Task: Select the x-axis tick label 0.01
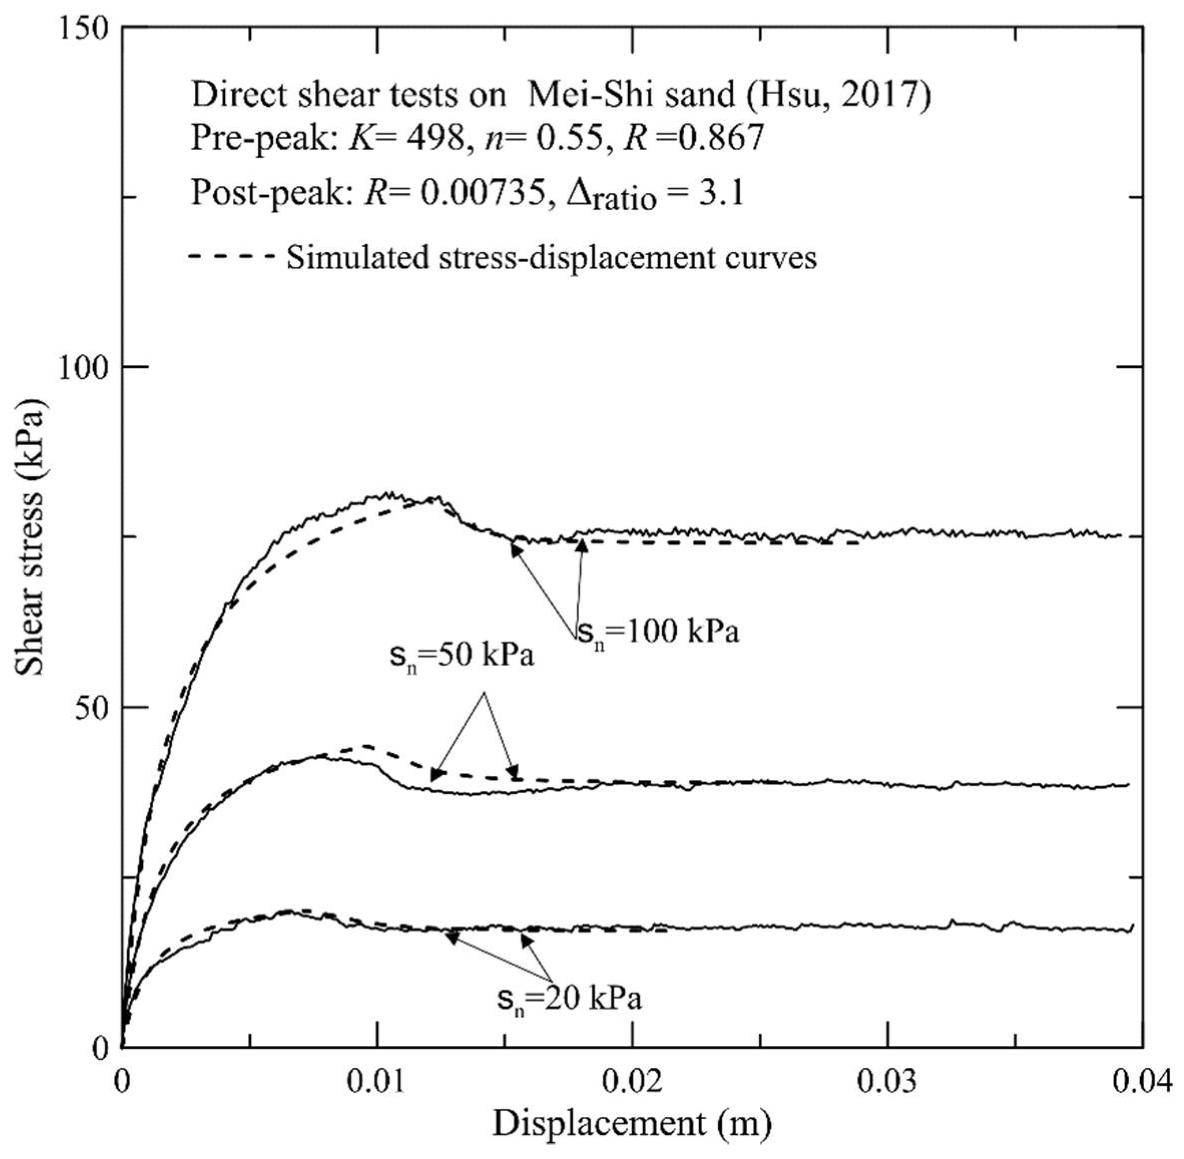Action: point(378,1082)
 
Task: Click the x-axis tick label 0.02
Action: point(633,1082)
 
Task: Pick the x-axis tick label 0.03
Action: point(887,1082)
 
